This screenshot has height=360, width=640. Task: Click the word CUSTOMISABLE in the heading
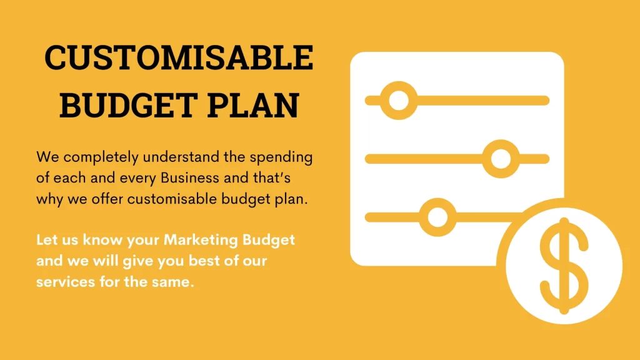(179, 57)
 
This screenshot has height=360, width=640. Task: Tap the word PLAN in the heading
(253, 105)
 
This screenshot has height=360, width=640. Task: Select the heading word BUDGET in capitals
(129, 105)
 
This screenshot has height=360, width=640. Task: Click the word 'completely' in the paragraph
(101, 157)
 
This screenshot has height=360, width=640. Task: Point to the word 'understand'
(181, 157)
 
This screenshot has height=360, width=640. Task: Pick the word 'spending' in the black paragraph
(281, 157)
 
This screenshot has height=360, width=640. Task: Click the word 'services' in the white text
(66, 282)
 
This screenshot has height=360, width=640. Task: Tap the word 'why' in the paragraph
(49, 199)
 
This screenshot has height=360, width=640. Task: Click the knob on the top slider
(399, 101)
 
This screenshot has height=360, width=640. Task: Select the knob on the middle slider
(501, 159)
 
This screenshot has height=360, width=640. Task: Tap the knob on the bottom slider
(437, 217)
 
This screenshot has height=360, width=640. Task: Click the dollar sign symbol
(564, 266)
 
